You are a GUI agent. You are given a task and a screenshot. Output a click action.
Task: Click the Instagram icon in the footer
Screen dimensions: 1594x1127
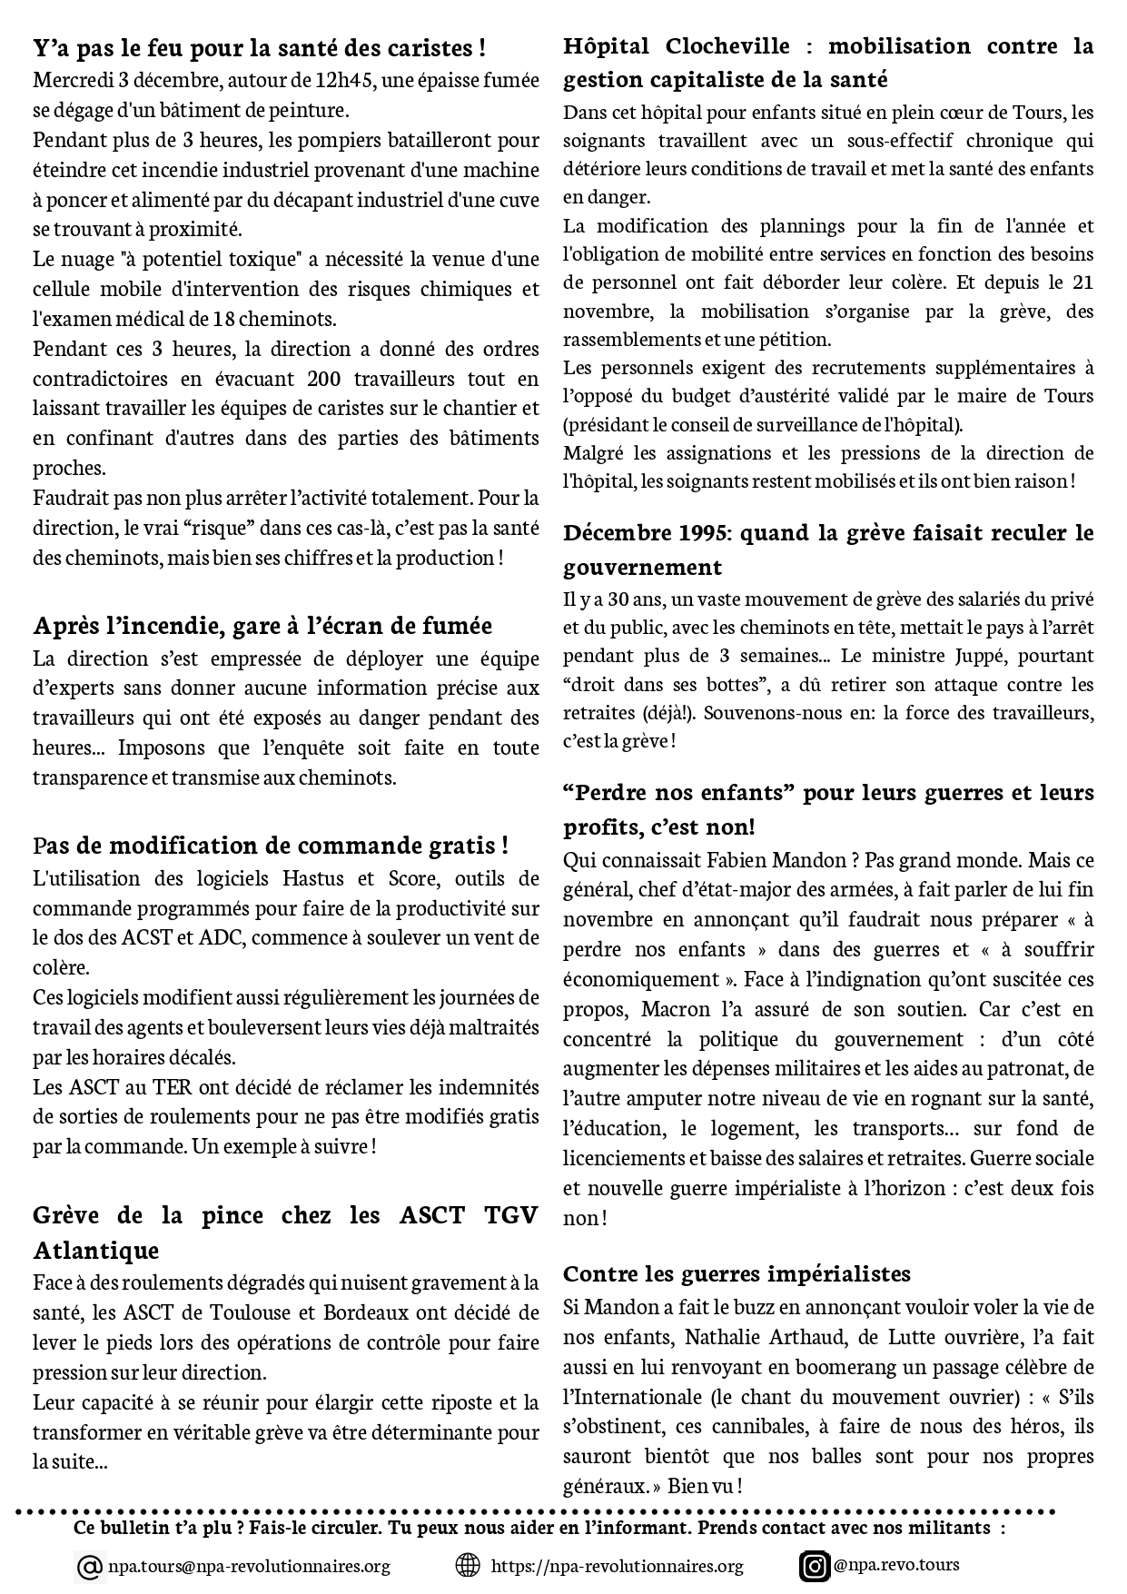click(x=815, y=1567)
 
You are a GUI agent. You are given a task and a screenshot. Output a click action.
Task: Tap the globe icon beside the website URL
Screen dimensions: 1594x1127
click(x=467, y=1566)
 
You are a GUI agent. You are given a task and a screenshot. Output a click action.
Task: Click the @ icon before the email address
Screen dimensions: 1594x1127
click(x=90, y=1567)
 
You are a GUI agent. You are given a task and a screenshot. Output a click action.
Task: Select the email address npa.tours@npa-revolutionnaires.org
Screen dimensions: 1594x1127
click(x=249, y=1567)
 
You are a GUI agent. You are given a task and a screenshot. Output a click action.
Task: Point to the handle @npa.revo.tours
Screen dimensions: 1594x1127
click(x=895, y=1565)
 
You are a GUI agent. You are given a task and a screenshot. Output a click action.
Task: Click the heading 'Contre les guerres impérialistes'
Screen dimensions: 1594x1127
click(x=737, y=1272)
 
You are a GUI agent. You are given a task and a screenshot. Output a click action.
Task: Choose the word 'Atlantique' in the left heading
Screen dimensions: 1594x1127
click(x=96, y=1251)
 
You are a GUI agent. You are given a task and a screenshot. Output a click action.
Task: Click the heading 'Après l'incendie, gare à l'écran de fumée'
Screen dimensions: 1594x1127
click(x=262, y=626)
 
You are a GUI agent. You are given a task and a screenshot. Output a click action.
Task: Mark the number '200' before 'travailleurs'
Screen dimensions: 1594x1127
click(x=324, y=378)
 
